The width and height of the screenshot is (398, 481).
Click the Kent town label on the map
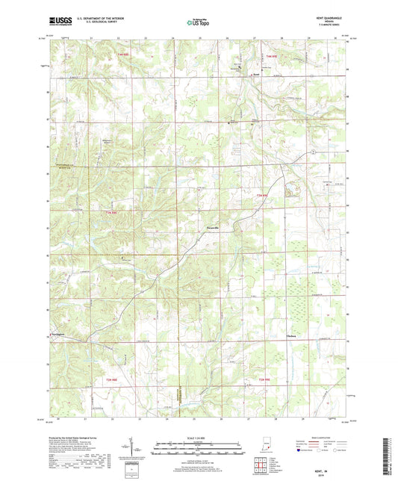[x=256, y=74]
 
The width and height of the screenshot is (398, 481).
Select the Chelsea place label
[x=292, y=336]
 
